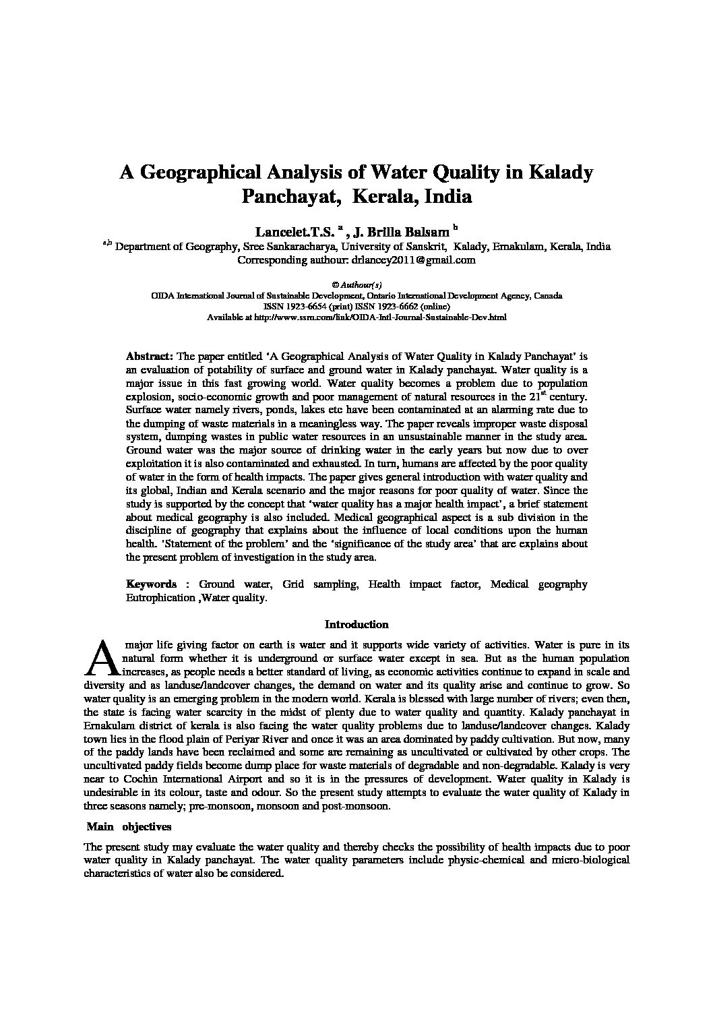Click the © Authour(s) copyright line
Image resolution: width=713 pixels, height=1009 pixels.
point(356,284)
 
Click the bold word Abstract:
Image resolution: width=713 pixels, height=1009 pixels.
point(150,355)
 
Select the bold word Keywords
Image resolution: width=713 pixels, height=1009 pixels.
point(152,584)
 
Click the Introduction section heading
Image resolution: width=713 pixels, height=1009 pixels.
point(356,625)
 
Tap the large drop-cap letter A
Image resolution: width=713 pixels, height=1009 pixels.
point(99,659)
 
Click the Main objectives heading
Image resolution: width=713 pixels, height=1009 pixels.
point(129,826)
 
